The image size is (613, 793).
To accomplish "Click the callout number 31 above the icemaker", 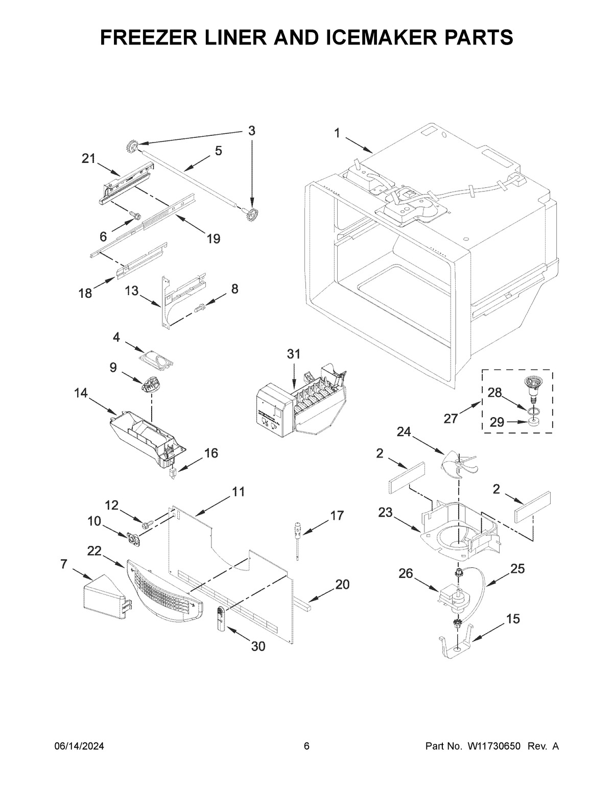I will (x=293, y=354).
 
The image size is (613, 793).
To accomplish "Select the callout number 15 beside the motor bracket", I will (x=513, y=619).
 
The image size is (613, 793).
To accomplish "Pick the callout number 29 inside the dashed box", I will (x=497, y=422).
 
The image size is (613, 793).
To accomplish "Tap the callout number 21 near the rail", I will (x=89, y=159).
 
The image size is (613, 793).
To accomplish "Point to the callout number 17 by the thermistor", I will (x=337, y=515).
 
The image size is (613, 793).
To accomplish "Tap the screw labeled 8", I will (x=200, y=307).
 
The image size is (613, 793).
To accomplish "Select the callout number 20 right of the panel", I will (x=342, y=584).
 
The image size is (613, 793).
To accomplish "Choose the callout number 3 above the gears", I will (x=251, y=130).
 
